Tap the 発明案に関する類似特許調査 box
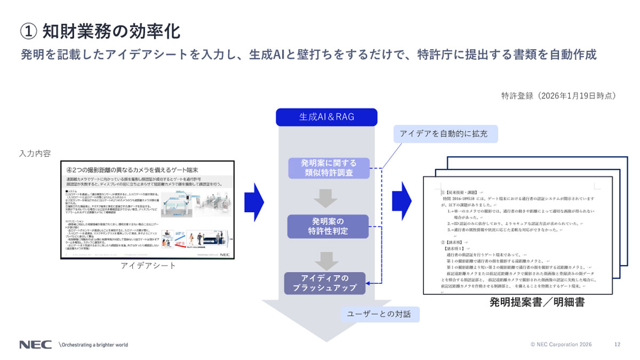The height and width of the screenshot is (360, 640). pos(328,168)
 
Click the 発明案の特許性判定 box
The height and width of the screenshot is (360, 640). pos(328,226)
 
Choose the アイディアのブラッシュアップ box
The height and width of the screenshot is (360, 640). pos(325,284)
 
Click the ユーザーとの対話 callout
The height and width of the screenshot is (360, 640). pos(380,314)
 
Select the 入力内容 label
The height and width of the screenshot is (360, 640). pos(35,153)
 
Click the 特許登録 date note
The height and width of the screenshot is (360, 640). pos(558,95)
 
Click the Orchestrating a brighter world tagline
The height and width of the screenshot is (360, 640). pos(93,345)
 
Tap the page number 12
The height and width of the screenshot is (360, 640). pos(617,345)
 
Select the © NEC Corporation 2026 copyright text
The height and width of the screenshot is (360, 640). pos(561,345)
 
